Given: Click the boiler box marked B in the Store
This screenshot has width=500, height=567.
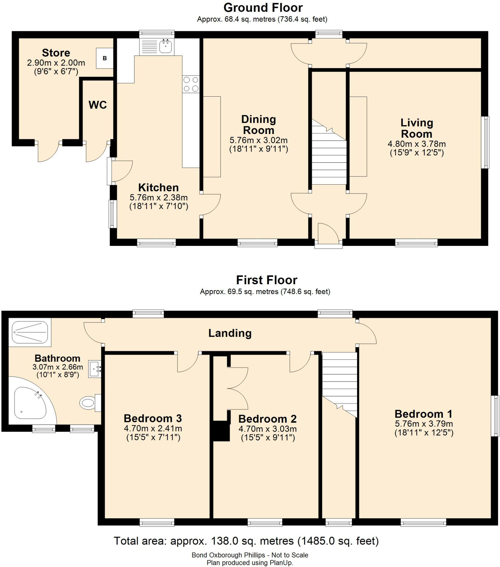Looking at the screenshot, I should tap(105, 58).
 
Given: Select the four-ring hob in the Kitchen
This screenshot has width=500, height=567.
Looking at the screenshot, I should tap(191, 84).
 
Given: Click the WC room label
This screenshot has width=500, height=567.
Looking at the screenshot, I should tap(98, 105).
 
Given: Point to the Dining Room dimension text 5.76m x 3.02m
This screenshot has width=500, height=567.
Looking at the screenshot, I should tap(258, 140).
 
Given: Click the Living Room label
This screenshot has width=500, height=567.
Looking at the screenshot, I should tap(416, 128).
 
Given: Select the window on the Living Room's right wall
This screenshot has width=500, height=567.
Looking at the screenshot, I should tap(485, 142).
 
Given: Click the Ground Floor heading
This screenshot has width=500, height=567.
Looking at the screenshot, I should tap(263, 8).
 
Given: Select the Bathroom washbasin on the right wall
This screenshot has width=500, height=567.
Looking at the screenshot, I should tap(94, 369).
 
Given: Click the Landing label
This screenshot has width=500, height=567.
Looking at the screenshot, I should tap(230, 333).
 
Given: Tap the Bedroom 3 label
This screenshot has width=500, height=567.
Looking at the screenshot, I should tap(153, 418).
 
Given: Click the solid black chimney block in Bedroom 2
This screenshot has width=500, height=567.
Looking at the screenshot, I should tap(221, 431).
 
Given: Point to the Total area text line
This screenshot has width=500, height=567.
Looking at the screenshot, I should tap(246, 541).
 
